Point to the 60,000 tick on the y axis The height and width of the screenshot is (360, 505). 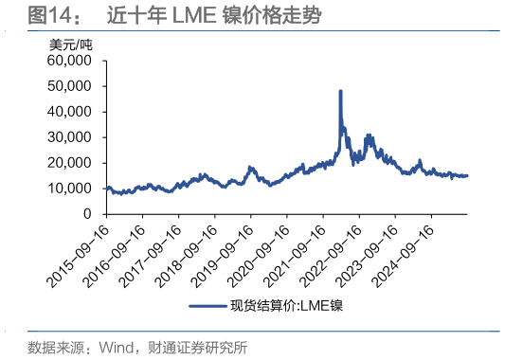coord(67,61)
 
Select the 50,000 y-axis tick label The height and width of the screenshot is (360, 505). coord(67,86)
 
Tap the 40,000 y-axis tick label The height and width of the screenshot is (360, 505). coord(67,112)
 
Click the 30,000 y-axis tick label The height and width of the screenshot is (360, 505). coord(67,137)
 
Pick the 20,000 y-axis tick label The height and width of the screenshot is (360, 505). coord(67,163)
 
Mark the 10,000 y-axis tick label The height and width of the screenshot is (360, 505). coord(67,189)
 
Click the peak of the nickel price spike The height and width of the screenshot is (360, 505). coord(340,91)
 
